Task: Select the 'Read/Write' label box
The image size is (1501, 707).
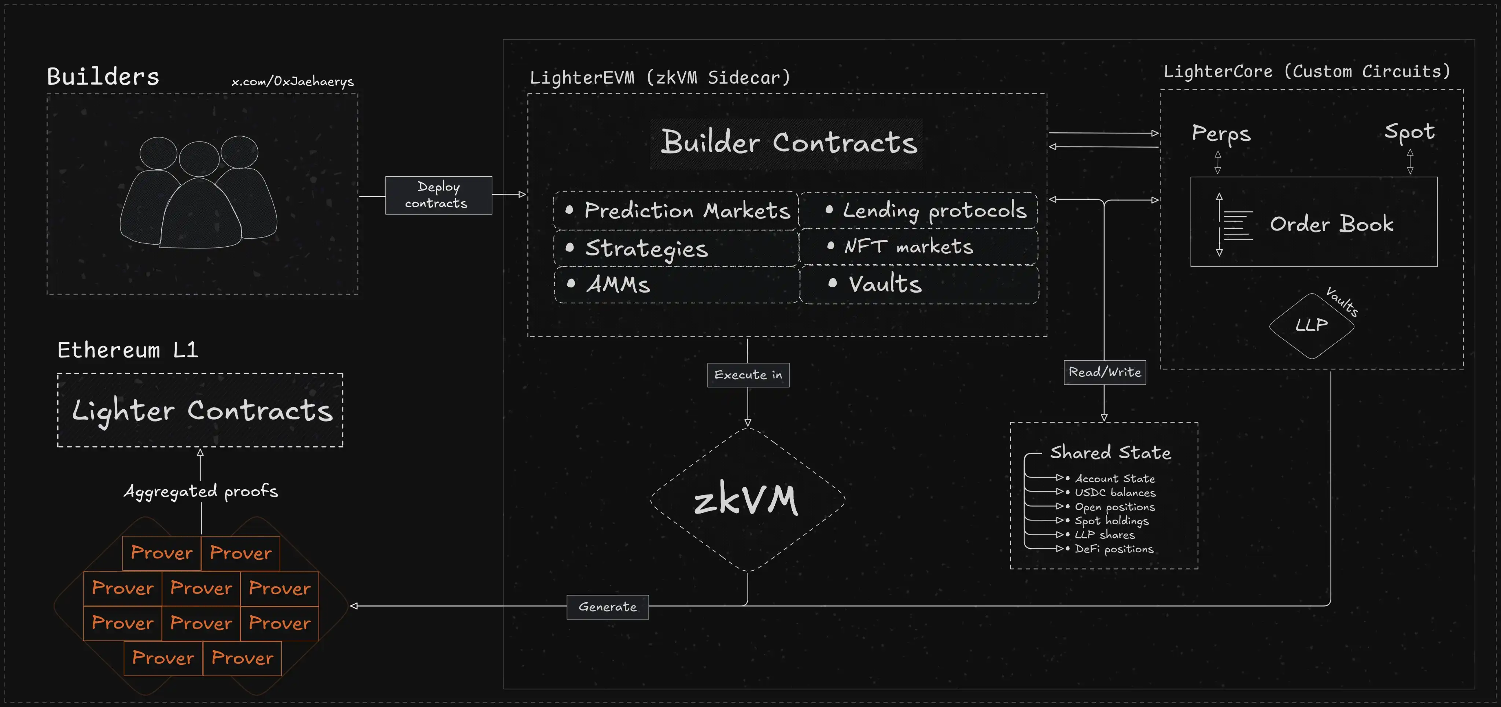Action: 1104,372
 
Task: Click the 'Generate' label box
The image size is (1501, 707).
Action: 607,607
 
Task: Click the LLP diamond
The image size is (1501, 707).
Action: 1311,325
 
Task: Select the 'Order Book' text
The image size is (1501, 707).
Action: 1331,224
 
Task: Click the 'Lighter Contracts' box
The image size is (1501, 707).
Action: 200,410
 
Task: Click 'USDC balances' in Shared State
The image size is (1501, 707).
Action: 1114,493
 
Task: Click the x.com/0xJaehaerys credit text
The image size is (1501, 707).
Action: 292,82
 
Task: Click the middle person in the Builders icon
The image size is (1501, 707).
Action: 200,198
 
